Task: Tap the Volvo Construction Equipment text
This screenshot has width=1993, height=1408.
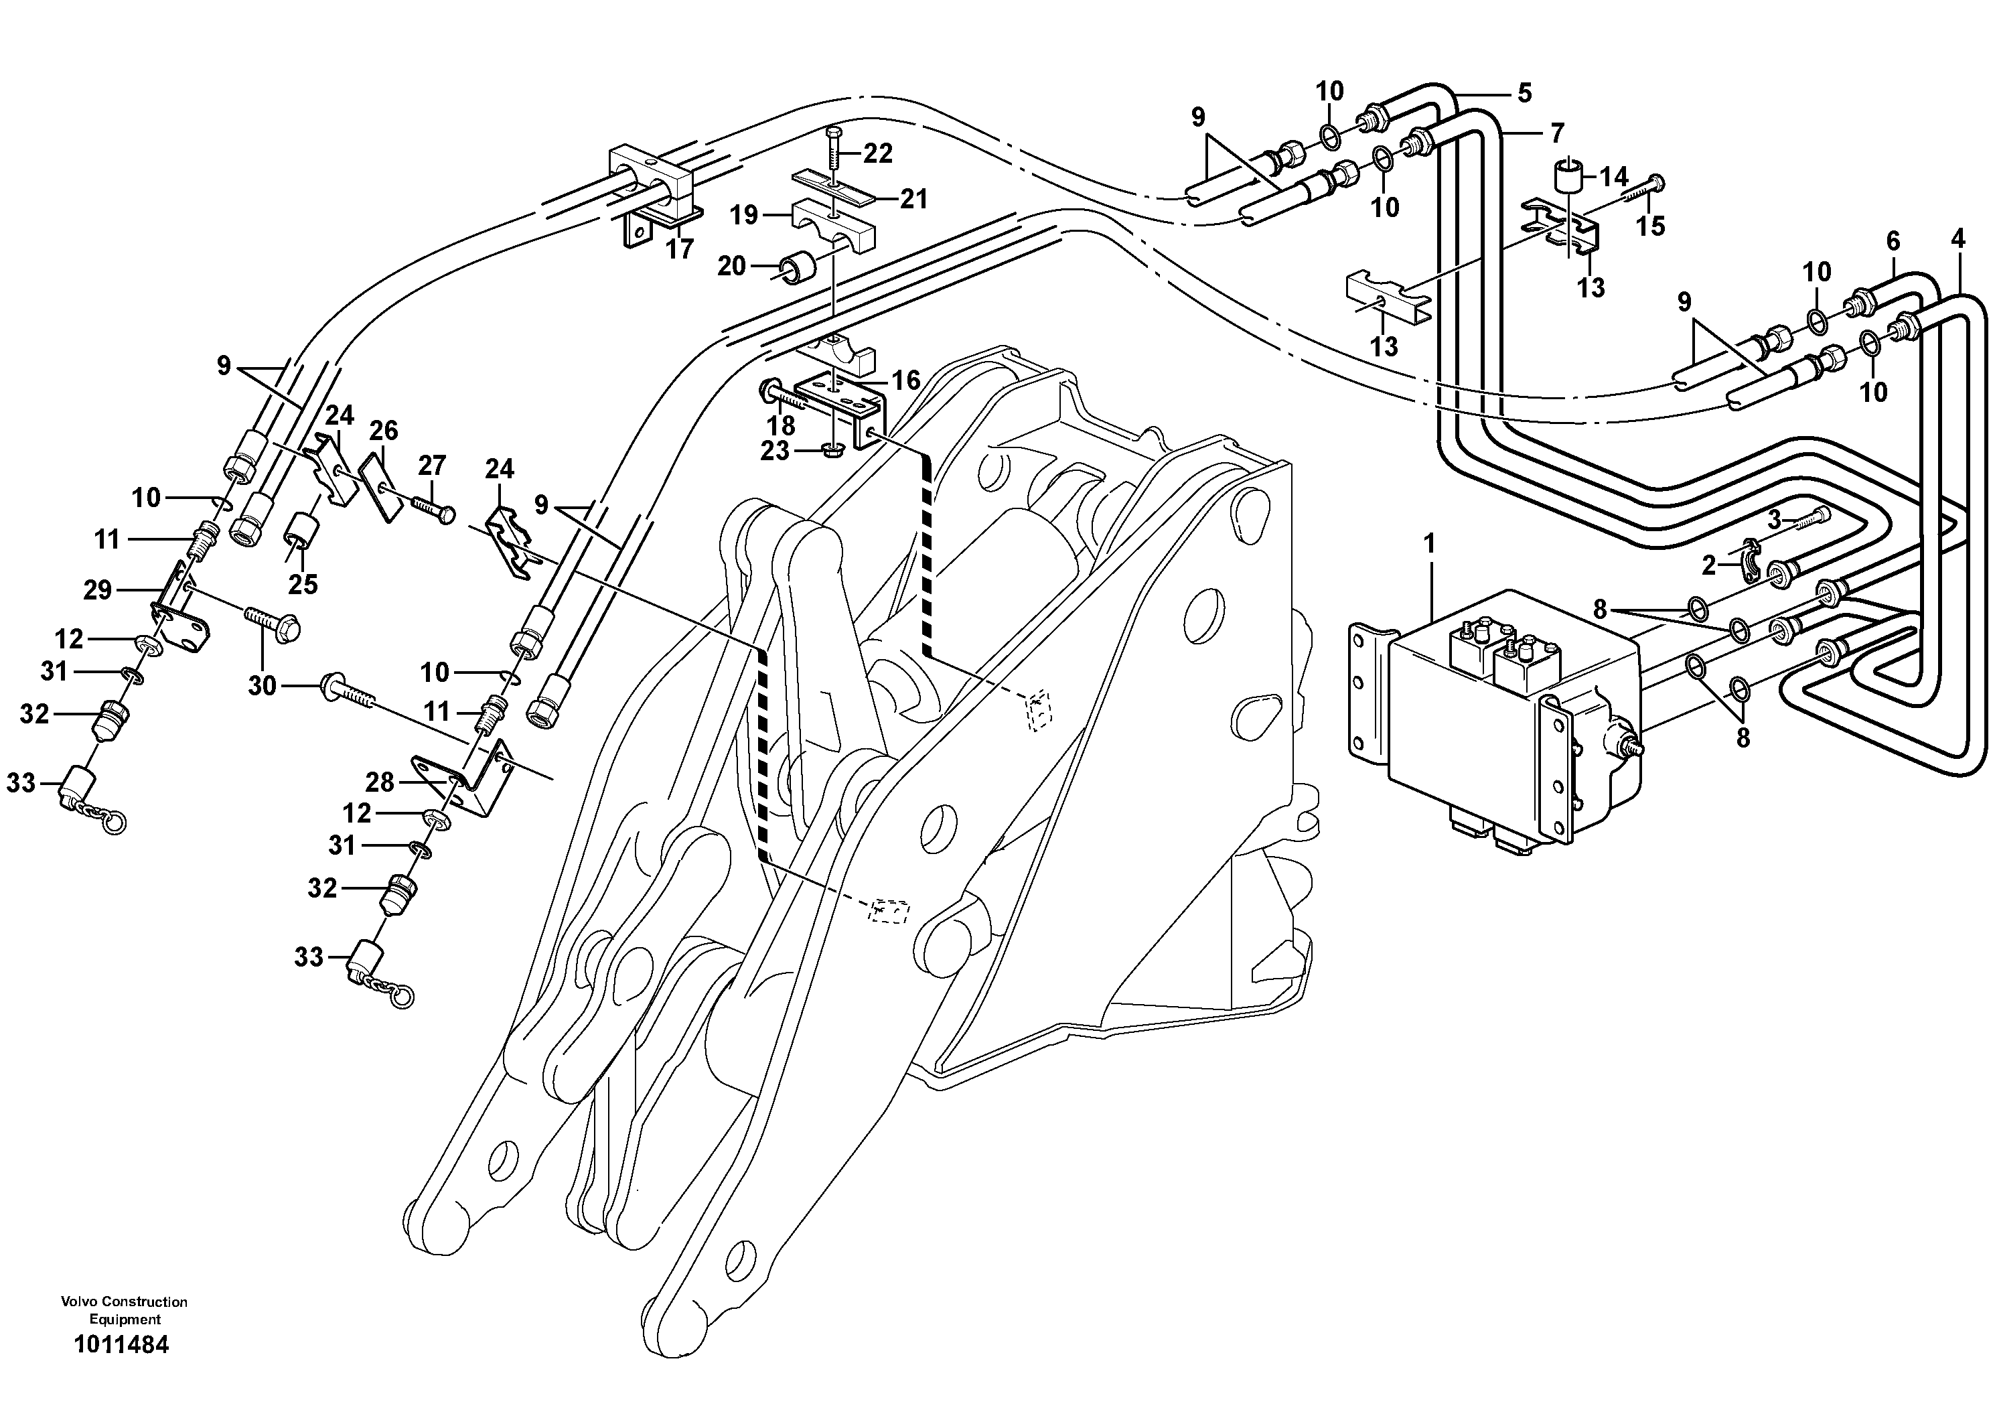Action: [124, 1310]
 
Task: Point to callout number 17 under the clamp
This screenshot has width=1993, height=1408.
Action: [680, 249]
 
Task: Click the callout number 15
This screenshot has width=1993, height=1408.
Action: [1650, 226]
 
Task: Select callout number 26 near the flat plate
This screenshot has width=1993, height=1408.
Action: [384, 431]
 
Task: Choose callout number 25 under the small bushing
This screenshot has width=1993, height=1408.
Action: [303, 584]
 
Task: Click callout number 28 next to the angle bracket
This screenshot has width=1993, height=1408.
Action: [379, 783]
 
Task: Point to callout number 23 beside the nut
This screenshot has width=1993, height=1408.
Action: [774, 451]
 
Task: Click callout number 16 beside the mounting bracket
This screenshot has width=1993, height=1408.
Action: [905, 380]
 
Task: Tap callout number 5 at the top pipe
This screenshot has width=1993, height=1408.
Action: [1524, 93]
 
